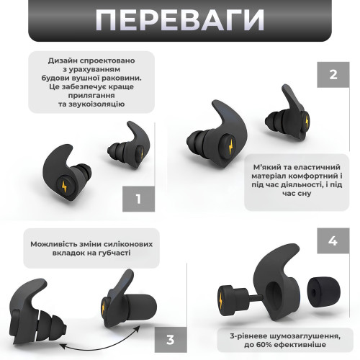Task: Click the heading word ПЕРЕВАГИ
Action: click(x=180, y=19)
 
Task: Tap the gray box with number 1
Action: click(x=138, y=199)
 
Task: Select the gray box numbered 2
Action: click(x=333, y=75)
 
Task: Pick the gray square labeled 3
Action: click(x=171, y=340)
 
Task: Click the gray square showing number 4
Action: click(x=333, y=240)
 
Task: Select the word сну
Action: click(x=304, y=194)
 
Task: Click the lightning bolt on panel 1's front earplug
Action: click(x=64, y=186)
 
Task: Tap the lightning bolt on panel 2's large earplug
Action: click(x=230, y=146)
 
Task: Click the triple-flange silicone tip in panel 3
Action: click(x=51, y=325)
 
